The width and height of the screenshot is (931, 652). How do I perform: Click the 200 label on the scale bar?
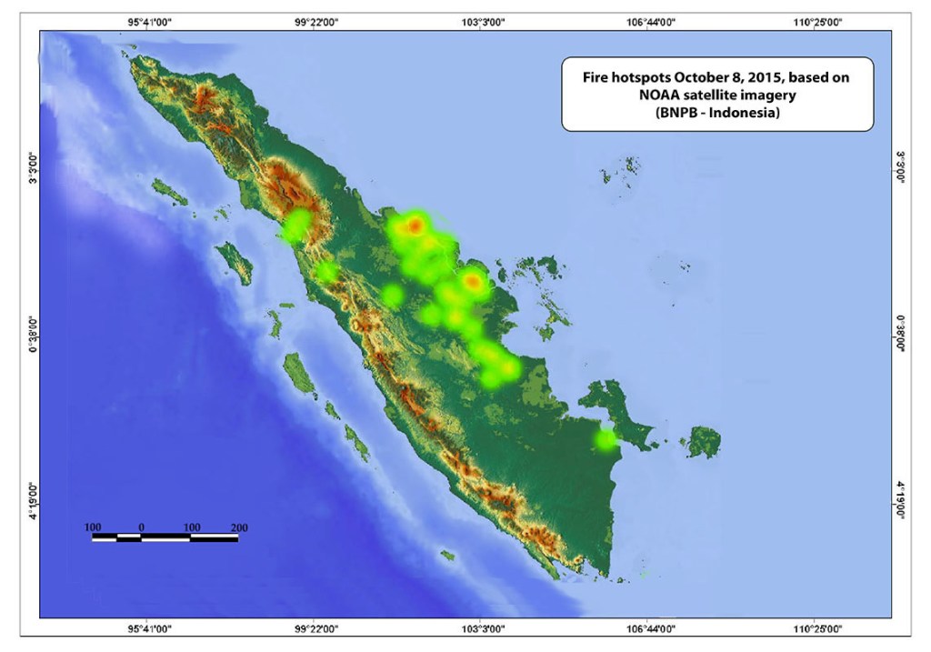click(x=239, y=527)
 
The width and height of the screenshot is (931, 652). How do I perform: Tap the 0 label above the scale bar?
click(x=141, y=527)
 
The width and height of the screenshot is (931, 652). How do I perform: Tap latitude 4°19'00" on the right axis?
click(x=900, y=501)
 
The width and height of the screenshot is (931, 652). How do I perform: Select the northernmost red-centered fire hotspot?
click(x=415, y=224)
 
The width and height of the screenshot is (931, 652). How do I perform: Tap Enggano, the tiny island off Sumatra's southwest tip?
click(x=446, y=555)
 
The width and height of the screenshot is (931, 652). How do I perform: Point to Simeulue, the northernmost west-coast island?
click(x=169, y=191)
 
